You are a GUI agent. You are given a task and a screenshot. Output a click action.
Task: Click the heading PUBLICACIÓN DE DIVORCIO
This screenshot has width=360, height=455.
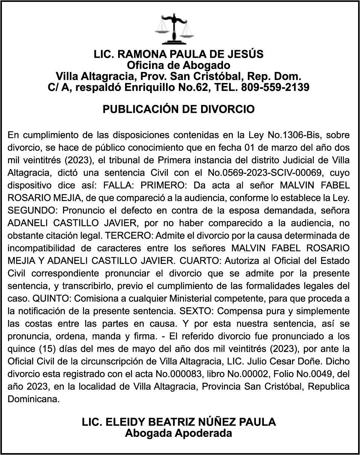[179, 109]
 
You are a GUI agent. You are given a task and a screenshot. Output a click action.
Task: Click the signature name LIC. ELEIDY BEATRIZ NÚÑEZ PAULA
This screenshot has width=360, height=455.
[178, 422]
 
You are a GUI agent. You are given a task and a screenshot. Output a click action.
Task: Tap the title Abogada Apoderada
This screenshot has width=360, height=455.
[178, 433]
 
